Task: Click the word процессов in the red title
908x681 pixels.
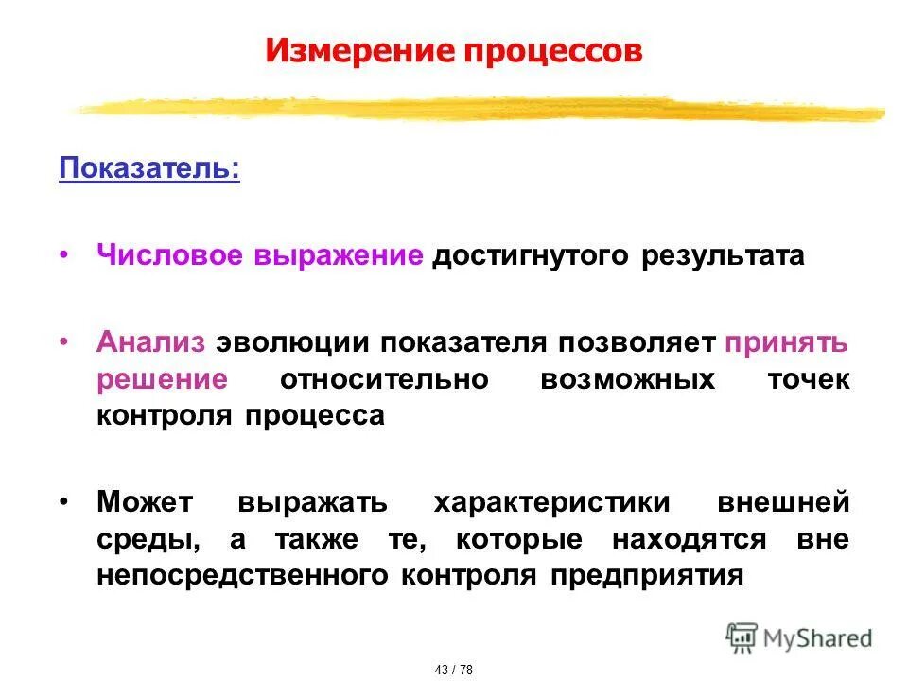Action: click(x=551, y=51)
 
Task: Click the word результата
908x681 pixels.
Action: click(x=724, y=257)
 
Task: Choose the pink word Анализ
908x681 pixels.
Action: click(x=151, y=342)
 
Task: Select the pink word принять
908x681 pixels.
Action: click(x=787, y=342)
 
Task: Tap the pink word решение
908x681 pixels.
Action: click(x=162, y=379)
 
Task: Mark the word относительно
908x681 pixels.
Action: click(x=384, y=379)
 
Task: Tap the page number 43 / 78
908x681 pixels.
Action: click(x=453, y=670)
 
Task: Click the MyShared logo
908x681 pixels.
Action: click(x=799, y=637)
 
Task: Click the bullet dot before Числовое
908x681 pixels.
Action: click(x=64, y=257)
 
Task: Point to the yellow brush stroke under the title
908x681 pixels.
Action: click(x=473, y=109)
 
